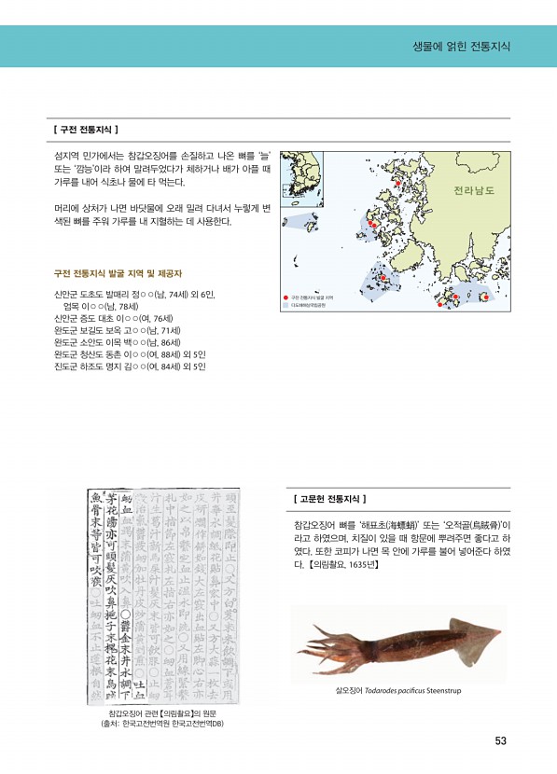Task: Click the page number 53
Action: [x=500, y=742]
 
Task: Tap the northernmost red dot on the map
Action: [x=400, y=184]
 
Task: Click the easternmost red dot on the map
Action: [x=484, y=297]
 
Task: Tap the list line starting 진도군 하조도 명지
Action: [x=128, y=366]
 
